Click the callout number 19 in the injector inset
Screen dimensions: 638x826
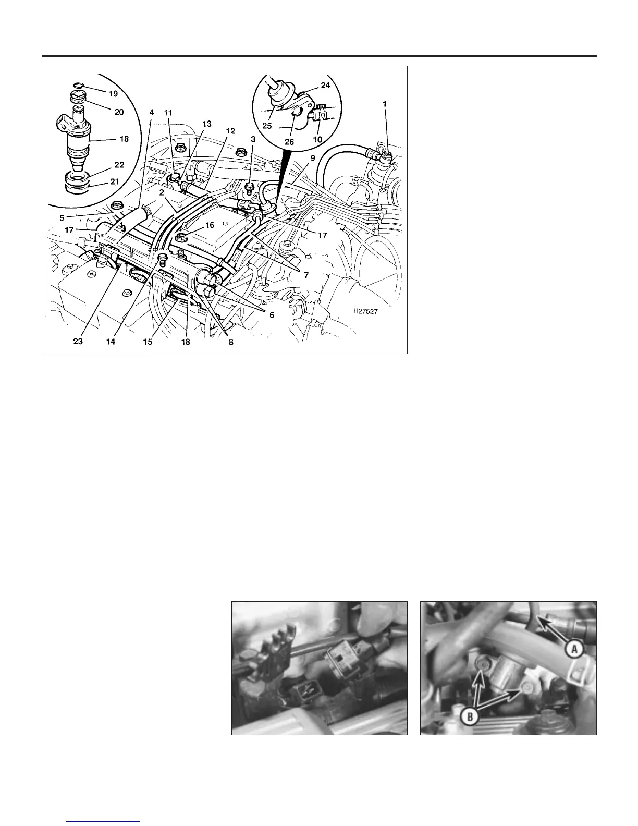[x=113, y=94]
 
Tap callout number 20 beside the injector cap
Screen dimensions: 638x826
[x=119, y=112]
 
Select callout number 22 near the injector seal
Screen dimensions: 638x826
[x=119, y=165]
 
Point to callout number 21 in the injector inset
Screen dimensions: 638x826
[x=115, y=181]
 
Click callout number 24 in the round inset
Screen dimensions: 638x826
[x=325, y=86]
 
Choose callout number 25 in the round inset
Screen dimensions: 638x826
[x=267, y=126]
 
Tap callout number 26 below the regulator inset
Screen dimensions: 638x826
[x=289, y=142]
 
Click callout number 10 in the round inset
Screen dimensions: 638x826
[x=317, y=140]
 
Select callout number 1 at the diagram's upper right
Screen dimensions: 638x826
[x=385, y=104]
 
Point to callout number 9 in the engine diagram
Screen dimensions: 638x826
[x=313, y=158]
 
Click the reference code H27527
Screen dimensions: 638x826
[x=365, y=311]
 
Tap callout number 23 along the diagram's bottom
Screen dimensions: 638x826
[x=78, y=342]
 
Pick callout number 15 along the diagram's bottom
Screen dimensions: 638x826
[x=148, y=342]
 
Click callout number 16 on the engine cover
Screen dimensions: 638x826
[x=210, y=225]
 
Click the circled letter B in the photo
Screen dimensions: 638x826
[x=470, y=717]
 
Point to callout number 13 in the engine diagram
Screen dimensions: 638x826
[x=207, y=124]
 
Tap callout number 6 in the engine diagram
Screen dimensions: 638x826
[x=272, y=315]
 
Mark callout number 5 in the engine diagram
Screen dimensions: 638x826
[x=62, y=218]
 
